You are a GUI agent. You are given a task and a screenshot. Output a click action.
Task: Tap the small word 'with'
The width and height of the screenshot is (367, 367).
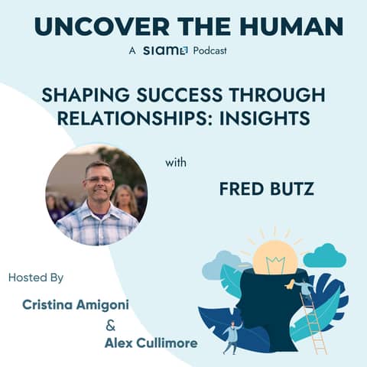(x=175, y=163)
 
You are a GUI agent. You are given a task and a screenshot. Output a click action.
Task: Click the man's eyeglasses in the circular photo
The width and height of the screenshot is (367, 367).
(x=99, y=180)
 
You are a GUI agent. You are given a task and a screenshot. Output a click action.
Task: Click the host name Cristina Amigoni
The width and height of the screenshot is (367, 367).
(x=75, y=305)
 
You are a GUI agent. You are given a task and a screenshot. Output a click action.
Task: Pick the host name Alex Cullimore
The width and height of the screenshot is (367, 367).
(x=151, y=343)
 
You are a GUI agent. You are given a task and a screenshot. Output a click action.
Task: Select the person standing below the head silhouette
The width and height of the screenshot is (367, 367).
(x=232, y=336)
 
